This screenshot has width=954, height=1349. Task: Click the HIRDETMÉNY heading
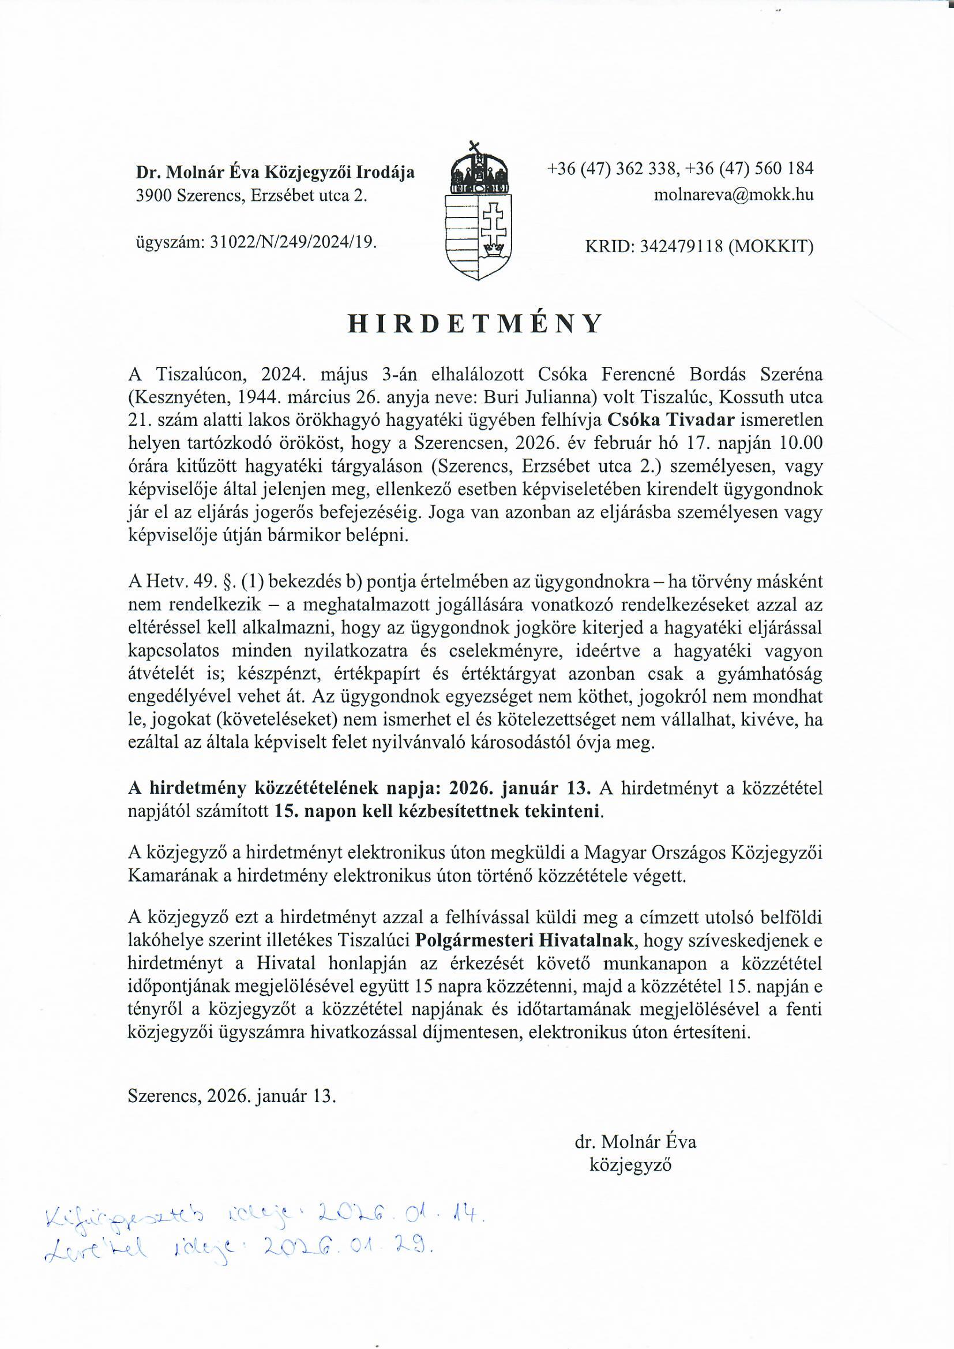tap(475, 324)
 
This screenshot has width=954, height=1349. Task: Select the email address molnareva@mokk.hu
tap(734, 195)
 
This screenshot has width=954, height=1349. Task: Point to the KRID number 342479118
tap(681, 247)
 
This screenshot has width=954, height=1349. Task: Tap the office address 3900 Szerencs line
tap(251, 196)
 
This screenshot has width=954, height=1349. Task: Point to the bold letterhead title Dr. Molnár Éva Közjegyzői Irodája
tap(275, 172)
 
